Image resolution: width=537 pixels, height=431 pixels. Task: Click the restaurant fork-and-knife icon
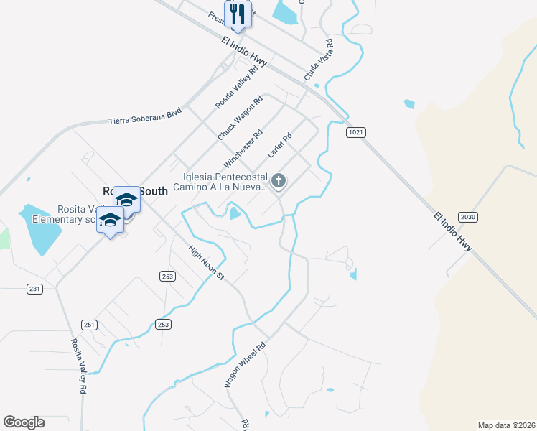point(235,14)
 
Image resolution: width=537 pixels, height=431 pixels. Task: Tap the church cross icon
point(278,180)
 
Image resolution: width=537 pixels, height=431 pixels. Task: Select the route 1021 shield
point(355,132)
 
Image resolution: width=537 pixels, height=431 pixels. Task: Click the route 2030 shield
point(467,216)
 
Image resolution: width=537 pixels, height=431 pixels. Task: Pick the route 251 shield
point(89,324)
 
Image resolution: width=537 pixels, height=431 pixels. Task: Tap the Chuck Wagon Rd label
point(241,118)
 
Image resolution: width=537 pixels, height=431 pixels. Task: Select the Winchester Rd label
point(244,147)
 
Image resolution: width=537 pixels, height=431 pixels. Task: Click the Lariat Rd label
point(280,145)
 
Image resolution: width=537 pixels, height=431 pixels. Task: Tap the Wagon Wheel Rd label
point(245,365)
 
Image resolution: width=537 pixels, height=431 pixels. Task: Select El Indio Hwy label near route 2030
point(453,231)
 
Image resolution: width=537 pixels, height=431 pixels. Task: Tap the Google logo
point(24,422)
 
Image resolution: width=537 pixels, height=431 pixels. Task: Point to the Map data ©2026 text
point(506,425)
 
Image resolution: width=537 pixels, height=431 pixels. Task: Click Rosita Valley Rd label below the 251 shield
point(78,366)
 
